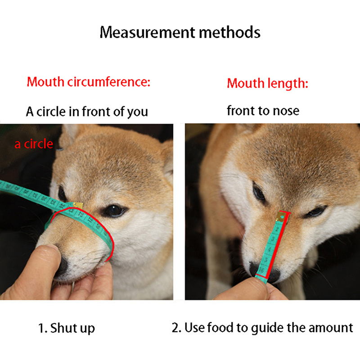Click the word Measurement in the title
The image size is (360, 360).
(x=147, y=32)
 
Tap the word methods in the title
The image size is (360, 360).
(x=230, y=32)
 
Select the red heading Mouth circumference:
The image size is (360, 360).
(x=88, y=82)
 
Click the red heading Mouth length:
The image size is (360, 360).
(x=267, y=83)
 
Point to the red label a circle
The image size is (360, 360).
(x=34, y=144)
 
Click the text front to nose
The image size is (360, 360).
(x=263, y=111)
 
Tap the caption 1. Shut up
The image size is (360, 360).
(x=66, y=328)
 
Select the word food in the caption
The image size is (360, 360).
(x=220, y=328)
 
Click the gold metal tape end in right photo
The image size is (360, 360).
(x=282, y=216)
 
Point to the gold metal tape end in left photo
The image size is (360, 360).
(x=77, y=206)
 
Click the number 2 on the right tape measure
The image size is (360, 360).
(x=277, y=229)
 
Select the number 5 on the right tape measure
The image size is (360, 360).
(x=266, y=260)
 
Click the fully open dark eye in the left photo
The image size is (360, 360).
(x=114, y=211)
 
